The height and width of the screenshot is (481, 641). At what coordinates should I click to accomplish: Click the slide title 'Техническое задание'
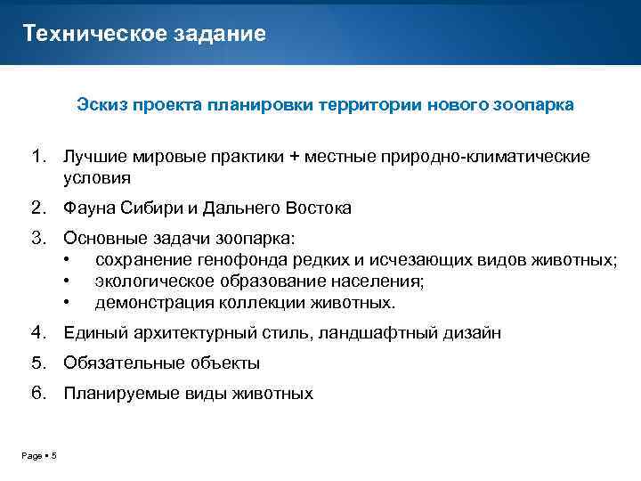[144, 34]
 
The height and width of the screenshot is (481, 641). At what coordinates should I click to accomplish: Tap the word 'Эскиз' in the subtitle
[101, 105]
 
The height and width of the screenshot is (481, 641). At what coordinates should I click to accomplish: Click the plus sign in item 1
[293, 157]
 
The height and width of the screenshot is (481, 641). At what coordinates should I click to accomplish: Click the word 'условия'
[97, 177]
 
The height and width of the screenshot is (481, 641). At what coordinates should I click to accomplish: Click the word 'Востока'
[319, 208]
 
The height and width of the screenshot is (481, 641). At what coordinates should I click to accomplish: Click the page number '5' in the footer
[53, 457]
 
